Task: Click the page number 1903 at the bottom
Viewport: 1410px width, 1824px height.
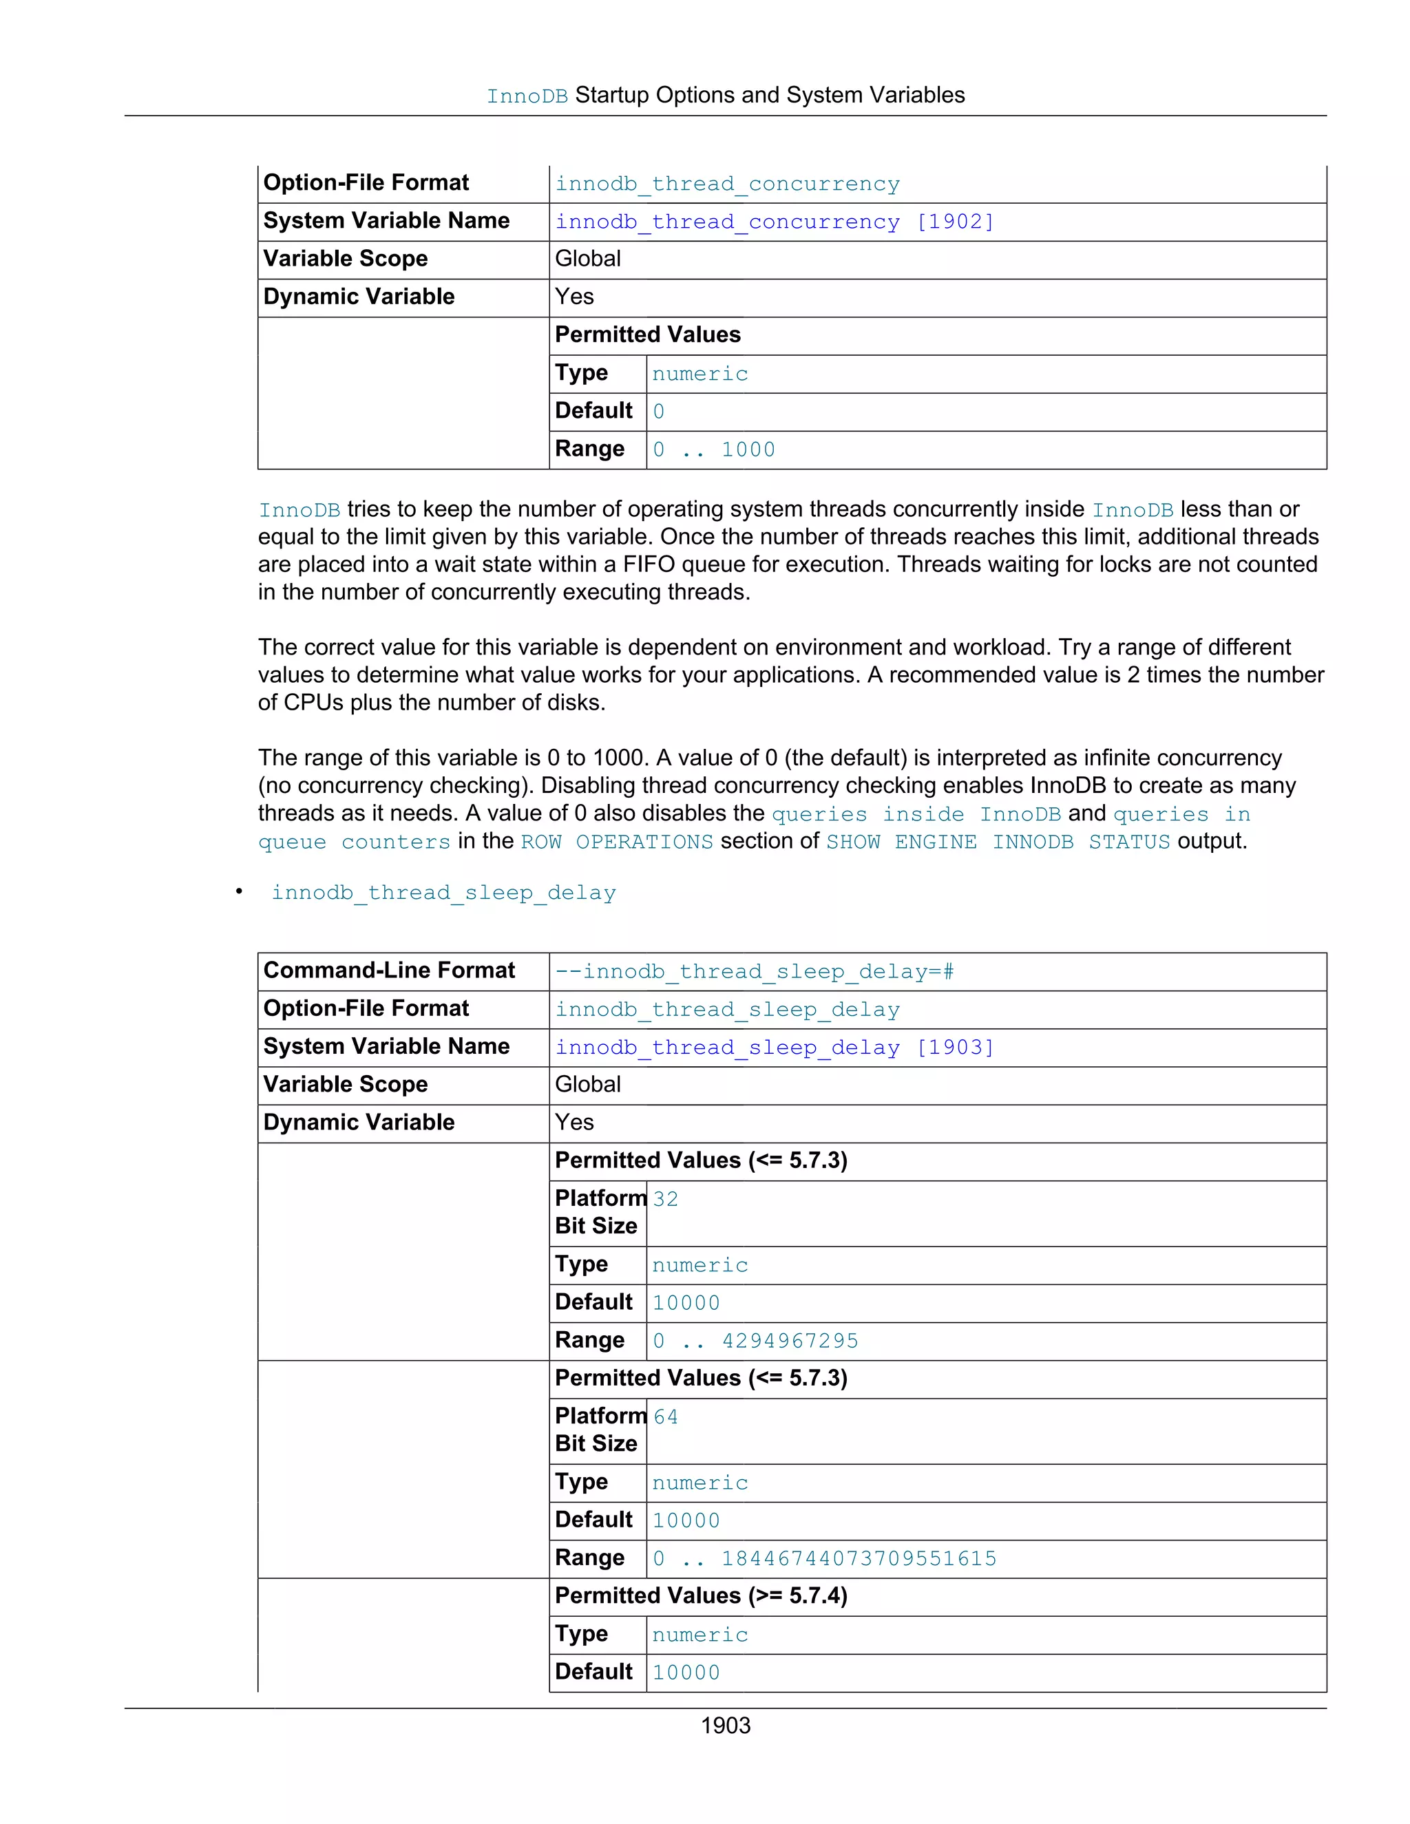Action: click(x=725, y=1726)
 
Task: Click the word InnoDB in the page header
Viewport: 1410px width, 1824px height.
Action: click(x=527, y=97)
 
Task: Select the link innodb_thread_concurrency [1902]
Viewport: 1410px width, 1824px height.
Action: click(x=775, y=222)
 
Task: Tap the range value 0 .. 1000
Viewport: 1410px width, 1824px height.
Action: click(x=713, y=450)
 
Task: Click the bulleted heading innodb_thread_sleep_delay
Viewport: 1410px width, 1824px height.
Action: click(x=443, y=893)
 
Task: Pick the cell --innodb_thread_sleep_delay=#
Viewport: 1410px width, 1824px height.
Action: click(x=755, y=972)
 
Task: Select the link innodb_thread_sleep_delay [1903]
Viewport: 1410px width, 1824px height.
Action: click(x=775, y=1048)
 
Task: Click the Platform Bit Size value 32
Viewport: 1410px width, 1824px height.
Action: click(x=666, y=1199)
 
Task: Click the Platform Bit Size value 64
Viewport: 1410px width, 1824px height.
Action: click(x=666, y=1417)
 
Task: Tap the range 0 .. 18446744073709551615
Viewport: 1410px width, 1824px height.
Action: click(x=824, y=1559)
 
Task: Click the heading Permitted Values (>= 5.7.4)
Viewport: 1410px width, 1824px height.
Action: click(x=701, y=1596)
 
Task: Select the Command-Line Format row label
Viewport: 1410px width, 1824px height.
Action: click(x=389, y=971)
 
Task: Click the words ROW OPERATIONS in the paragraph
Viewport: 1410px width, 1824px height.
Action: click(x=616, y=842)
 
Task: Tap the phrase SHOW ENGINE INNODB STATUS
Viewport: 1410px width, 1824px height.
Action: click(x=998, y=842)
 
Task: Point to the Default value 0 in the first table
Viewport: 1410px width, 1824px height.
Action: click(x=658, y=412)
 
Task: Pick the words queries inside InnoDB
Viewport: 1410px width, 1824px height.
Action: click(x=916, y=814)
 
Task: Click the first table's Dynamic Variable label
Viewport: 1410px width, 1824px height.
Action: click(x=359, y=297)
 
